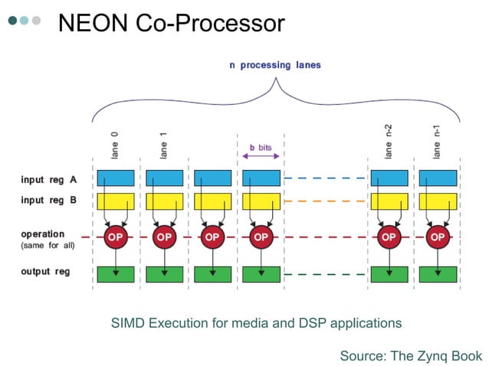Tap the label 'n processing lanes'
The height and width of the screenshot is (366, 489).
(x=275, y=65)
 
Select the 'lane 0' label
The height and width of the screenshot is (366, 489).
(x=115, y=145)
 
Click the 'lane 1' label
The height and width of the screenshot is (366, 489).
(x=163, y=145)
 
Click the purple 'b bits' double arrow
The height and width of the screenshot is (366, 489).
(x=261, y=156)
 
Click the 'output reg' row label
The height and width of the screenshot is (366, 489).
(x=45, y=272)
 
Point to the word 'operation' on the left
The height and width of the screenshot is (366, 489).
(x=43, y=234)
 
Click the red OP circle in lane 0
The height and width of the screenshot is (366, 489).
(x=116, y=237)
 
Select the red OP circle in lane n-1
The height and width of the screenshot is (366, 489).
(x=438, y=237)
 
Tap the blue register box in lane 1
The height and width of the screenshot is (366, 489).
(x=164, y=178)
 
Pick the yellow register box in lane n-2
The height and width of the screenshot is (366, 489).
(x=389, y=201)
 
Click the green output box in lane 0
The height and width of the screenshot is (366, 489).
(x=116, y=273)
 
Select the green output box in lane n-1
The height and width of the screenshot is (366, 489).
(x=438, y=273)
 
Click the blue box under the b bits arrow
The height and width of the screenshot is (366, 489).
(x=261, y=178)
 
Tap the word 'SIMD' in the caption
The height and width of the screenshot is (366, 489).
(x=130, y=323)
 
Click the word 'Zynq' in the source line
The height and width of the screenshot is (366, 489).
(x=432, y=355)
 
